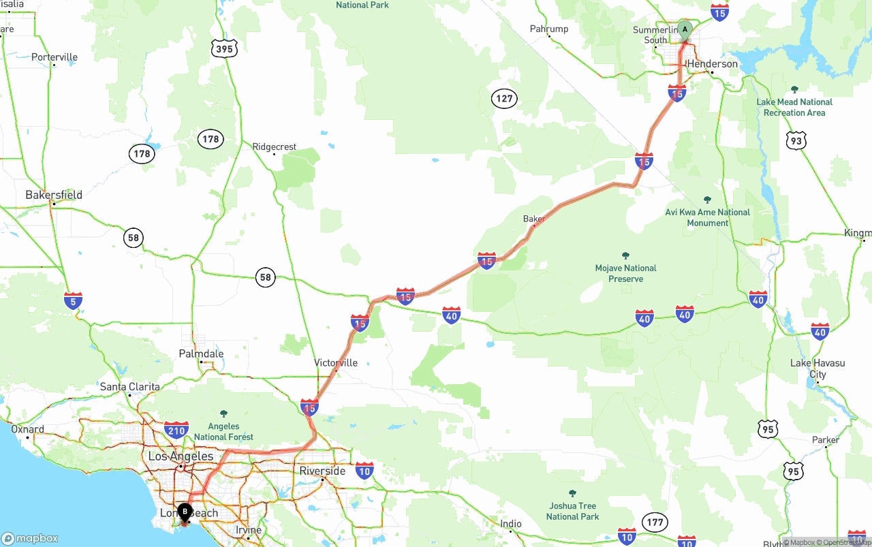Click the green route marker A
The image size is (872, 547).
pyautogui.click(x=685, y=30)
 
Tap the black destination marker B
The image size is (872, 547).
pyautogui.click(x=185, y=511)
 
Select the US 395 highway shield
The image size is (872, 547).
pyautogui.click(x=223, y=48)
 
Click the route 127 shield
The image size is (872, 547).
pyautogui.click(x=504, y=99)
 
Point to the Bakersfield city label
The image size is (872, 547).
pyautogui.click(x=54, y=195)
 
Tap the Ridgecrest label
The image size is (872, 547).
pyautogui.click(x=275, y=146)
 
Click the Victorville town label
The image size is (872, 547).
pyautogui.click(x=336, y=362)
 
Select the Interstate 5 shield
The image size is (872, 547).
pyautogui.click(x=73, y=300)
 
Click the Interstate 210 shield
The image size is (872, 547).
pyautogui.click(x=176, y=430)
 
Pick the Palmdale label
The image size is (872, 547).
pyautogui.click(x=201, y=354)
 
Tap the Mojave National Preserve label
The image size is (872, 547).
pyautogui.click(x=625, y=273)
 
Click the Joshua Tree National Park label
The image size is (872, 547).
pyautogui.click(x=572, y=511)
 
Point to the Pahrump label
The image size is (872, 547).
pyautogui.click(x=549, y=29)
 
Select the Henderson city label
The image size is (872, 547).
pyautogui.click(x=713, y=63)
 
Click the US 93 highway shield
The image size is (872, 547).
pyautogui.click(x=796, y=140)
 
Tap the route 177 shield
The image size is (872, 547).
pyautogui.click(x=655, y=522)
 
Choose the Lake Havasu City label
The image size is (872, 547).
pyautogui.click(x=817, y=369)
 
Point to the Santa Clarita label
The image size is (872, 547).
pyautogui.click(x=129, y=386)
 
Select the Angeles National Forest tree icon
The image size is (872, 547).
pyautogui.click(x=223, y=413)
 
